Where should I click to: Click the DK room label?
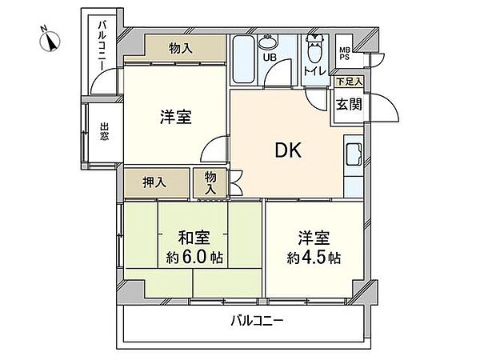point(288,150)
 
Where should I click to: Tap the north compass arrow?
point(50,41)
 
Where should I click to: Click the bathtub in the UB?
point(243,59)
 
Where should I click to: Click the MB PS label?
point(344,54)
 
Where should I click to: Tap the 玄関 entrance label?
point(349,104)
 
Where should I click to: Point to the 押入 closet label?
point(154,182)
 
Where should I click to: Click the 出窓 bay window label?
point(104,131)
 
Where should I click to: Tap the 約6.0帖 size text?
point(194,258)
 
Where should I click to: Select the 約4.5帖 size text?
point(314,258)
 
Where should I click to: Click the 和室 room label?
point(194,238)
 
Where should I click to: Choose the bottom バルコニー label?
point(257,321)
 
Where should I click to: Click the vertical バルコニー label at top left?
point(102,46)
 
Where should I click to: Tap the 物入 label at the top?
point(181,48)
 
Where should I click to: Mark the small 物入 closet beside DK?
point(210,182)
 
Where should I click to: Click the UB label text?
point(270,57)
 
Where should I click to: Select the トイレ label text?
point(314,71)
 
